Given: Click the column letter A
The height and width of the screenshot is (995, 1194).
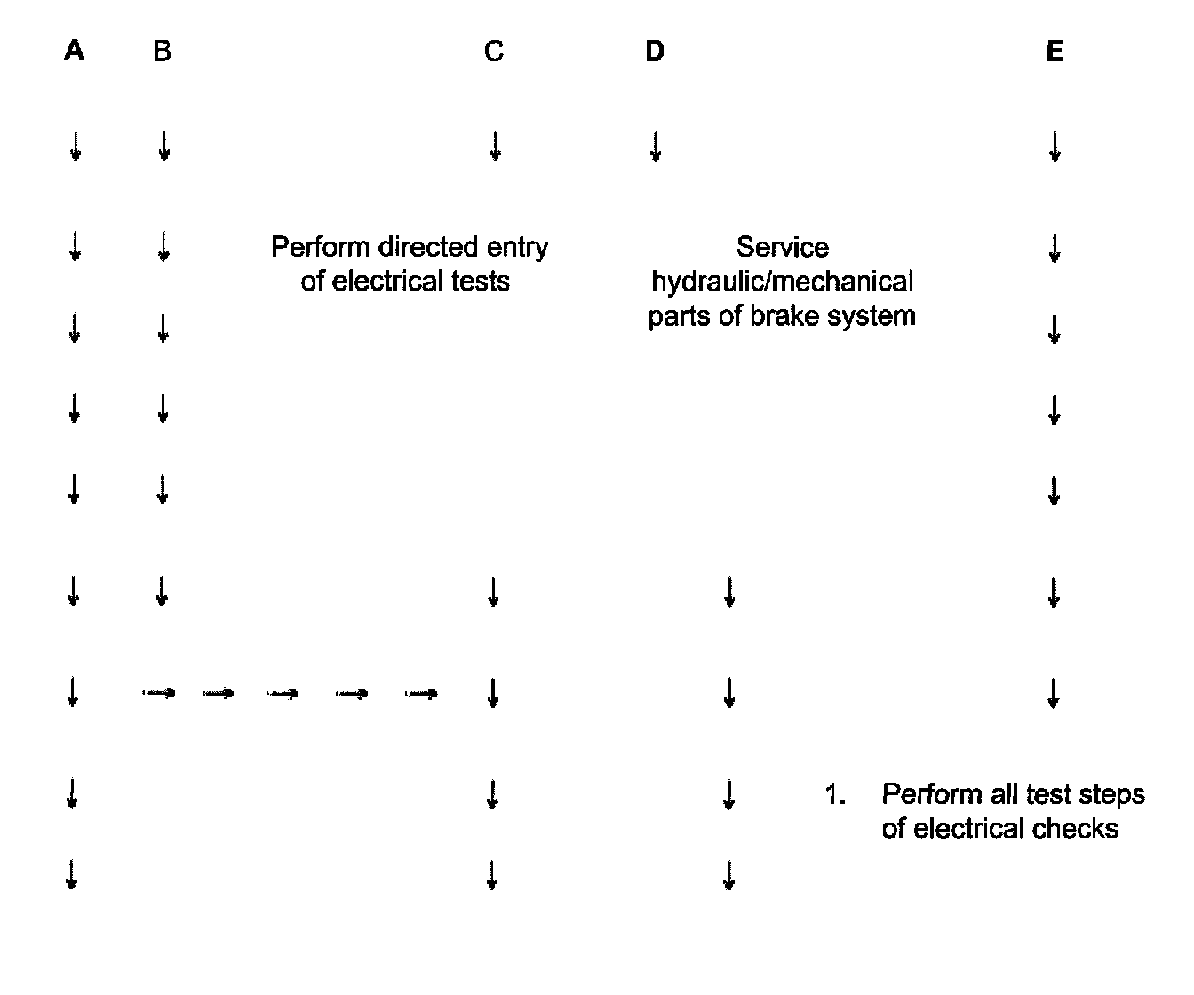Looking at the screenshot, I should pyautogui.click(x=75, y=52).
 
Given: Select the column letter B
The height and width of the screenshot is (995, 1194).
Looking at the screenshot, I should pyautogui.click(x=162, y=52).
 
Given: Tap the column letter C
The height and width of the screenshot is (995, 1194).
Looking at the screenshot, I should pyautogui.click(x=494, y=52).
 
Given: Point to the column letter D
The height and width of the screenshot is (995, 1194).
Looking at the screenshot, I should pyautogui.click(x=655, y=52).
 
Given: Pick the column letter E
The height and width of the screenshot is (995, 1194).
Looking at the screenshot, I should pyautogui.click(x=1055, y=52).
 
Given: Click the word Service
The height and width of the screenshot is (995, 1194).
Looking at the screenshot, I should pyautogui.click(x=782, y=247).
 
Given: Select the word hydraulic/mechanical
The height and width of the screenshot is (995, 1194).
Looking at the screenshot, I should pyautogui.click(x=782, y=282).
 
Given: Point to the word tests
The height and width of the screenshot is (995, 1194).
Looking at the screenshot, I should pyautogui.click(x=479, y=282).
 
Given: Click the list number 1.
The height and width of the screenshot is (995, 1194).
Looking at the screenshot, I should pyautogui.click(x=832, y=794).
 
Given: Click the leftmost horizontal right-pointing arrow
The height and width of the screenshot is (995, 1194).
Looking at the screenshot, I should pyautogui.click(x=160, y=692).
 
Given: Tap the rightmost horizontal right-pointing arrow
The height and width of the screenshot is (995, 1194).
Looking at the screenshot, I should pyautogui.click(x=422, y=693).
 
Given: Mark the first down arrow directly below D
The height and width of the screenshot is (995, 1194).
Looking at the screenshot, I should pyautogui.click(x=655, y=147).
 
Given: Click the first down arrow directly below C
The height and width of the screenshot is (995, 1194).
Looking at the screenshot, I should pyautogui.click(x=495, y=147).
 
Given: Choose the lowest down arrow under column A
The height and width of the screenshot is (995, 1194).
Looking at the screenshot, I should pyautogui.click(x=73, y=876).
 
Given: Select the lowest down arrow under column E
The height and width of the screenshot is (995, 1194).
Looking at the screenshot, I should pyautogui.click(x=1054, y=693).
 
